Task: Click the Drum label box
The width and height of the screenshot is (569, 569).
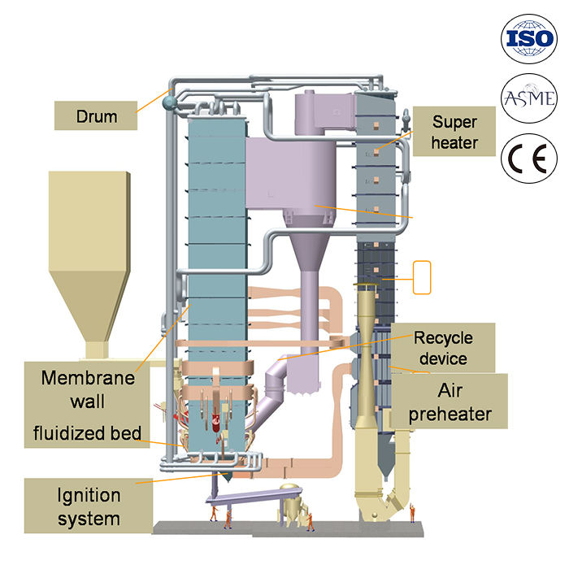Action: pyautogui.click(x=97, y=116)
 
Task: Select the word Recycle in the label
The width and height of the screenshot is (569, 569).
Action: pyautogui.click(x=443, y=337)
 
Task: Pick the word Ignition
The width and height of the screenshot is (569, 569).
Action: pyautogui.click(x=89, y=495)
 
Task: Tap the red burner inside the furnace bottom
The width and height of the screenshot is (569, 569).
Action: pyautogui.click(x=217, y=422)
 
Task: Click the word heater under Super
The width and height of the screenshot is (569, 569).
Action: pyautogui.click(x=453, y=143)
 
